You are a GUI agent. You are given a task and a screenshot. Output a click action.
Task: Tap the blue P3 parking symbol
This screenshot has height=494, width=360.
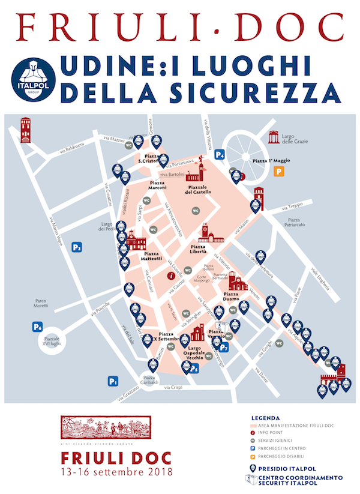pyautogui.click(x=77, y=247)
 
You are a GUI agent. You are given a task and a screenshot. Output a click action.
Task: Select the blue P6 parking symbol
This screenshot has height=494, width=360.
pyautogui.click(x=38, y=327)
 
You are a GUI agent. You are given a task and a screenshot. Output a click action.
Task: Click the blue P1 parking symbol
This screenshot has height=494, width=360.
pyautogui.click(x=113, y=381)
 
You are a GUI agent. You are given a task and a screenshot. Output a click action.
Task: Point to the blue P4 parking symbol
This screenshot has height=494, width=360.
pyautogui.click(x=221, y=154)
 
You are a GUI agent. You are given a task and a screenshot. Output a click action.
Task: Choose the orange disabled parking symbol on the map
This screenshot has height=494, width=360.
pyautogui.click(x=278, y=172)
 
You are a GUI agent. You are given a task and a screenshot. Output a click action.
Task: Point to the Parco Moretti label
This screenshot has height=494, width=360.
pyautogui.click(x=41, y=304)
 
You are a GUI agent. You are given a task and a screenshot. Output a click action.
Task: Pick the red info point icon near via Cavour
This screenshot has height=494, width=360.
pyautogui.click(x=172, y=277)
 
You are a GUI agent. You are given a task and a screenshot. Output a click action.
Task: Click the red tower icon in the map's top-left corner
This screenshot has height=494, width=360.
pyautogui.click(x=26, y=130)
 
